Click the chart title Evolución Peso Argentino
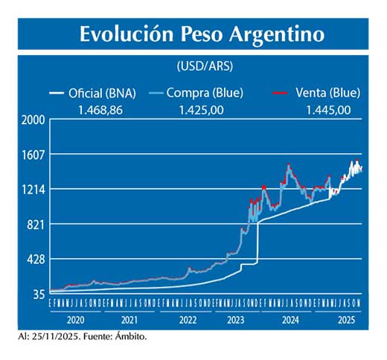(x=202, y=34)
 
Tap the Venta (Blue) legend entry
(x=327, y=93)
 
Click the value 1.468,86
(x=100, y=109)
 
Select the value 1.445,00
(x=328, y=109)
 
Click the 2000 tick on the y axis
(x=33, y=120)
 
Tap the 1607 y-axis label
(x=33, y=155)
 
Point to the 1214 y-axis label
(x=33, y=190)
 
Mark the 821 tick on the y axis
(x=36, y=225)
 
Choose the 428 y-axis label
(x=36, y=260)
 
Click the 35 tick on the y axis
(x=39, y=295)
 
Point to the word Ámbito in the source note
(x=131, y=337)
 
